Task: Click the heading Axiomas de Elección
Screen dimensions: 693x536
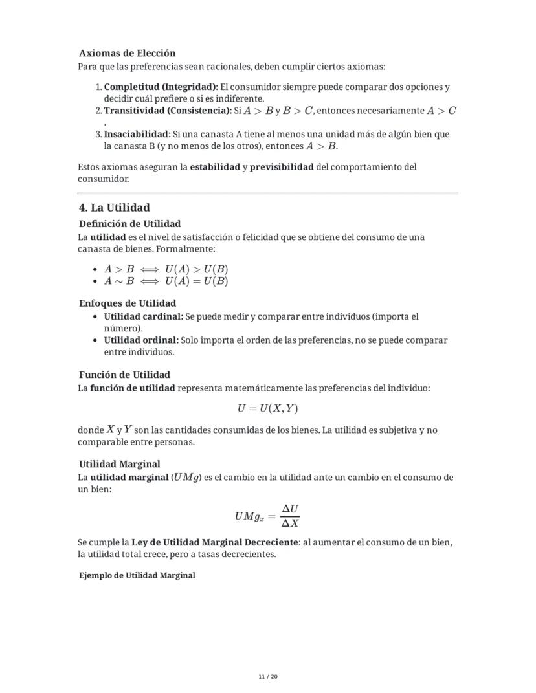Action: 127,53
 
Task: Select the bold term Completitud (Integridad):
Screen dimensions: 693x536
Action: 161,87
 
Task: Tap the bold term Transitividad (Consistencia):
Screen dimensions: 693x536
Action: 168,111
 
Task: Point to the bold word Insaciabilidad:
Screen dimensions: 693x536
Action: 137,134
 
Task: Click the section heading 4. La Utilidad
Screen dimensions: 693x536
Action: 114,208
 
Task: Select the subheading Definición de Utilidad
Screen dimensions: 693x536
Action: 129,224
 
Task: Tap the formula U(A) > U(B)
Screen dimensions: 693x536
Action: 196,269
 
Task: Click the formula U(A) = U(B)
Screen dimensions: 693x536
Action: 196,281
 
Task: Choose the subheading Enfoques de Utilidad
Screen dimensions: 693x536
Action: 128,303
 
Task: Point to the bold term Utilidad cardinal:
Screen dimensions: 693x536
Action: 144,316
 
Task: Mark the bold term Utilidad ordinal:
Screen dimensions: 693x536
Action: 141,340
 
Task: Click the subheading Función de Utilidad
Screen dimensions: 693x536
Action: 124,375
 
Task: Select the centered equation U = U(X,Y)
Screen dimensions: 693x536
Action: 267,409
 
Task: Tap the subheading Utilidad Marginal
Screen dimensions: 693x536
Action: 120,464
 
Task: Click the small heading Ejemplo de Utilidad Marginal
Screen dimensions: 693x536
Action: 137,575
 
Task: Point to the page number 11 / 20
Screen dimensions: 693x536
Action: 268,677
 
